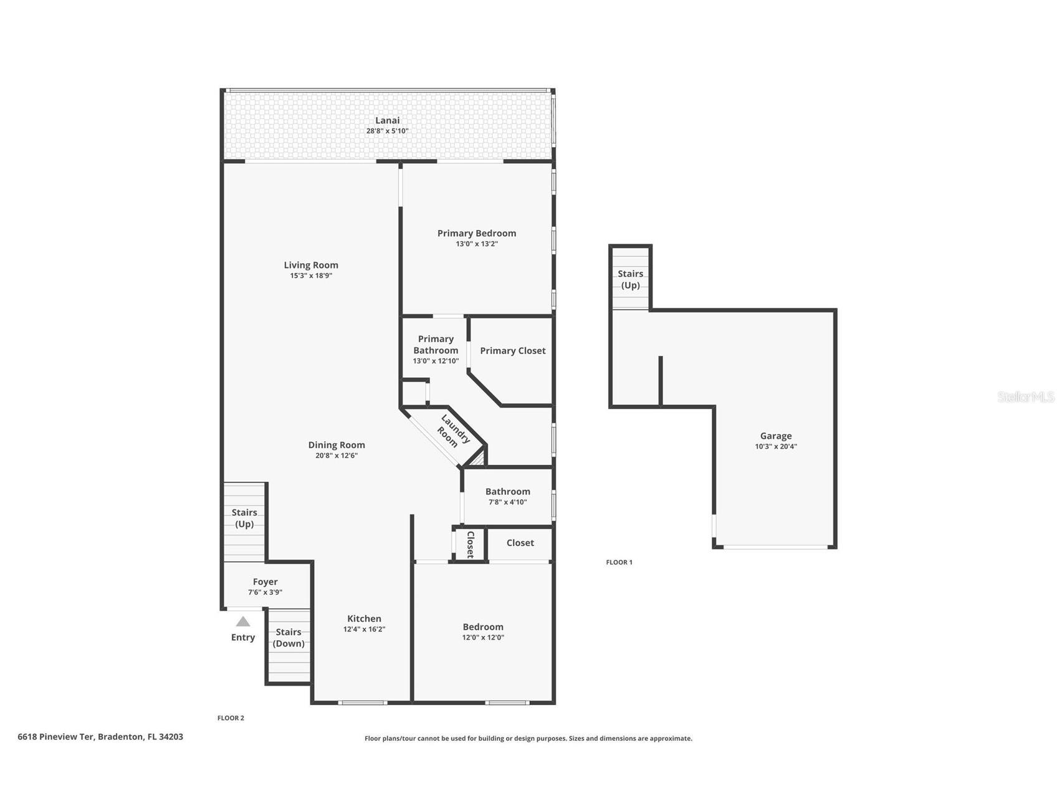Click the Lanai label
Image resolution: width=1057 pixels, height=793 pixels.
click(387, 120)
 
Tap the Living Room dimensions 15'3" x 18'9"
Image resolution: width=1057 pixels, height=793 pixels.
click(311, 276)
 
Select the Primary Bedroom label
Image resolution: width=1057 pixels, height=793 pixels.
click(477, 233)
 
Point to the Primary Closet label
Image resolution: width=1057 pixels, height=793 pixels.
click(512, 350)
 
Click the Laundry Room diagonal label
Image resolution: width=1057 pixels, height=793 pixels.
click(452, 431)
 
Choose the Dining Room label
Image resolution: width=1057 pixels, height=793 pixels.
click(337, 445)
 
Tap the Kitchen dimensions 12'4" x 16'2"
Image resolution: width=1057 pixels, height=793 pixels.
click(364, 630)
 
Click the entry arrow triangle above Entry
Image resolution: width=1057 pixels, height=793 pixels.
click(243, 622)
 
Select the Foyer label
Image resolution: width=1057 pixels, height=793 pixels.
click(265, 582)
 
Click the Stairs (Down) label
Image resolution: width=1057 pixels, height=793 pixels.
click(289, 638)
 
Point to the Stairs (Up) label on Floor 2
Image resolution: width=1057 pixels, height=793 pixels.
click(244, 518)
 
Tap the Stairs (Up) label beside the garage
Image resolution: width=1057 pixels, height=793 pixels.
click(630, 279)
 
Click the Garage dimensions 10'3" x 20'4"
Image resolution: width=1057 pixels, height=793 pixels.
click(775, 446)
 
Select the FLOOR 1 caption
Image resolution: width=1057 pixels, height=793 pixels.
click(619, 562)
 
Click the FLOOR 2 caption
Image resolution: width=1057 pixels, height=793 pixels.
click(231, 718)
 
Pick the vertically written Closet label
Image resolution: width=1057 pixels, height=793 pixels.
click(471, 544)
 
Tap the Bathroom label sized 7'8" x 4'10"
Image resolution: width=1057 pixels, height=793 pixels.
click(507, 491)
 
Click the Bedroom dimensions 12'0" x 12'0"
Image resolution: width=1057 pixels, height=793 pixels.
click(483, 638)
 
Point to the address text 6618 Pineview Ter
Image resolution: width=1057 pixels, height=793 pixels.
click(56, 736)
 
